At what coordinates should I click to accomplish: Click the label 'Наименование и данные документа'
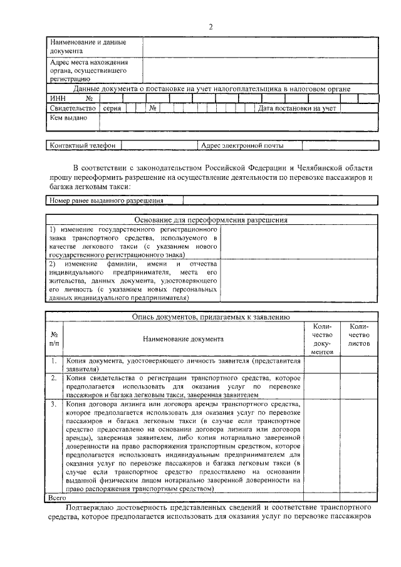point(87,46)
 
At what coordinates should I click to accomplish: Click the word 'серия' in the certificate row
point(112,108)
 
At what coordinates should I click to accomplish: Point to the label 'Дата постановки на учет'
point(297,108)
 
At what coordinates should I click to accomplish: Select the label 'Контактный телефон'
point(83,145)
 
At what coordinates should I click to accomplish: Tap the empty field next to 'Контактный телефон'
point(159,145)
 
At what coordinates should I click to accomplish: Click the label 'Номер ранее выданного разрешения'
point(107,200)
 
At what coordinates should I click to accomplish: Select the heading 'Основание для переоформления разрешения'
point(211,220)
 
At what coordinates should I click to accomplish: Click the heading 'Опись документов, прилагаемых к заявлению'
point(211,318)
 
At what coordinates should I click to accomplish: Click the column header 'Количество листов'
point(359,335)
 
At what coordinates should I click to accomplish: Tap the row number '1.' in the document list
point(55,362)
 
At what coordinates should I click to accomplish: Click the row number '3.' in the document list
point(55,405)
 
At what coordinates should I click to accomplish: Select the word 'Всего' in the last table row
point(57,497)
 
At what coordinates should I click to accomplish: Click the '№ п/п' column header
point(55,339)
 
